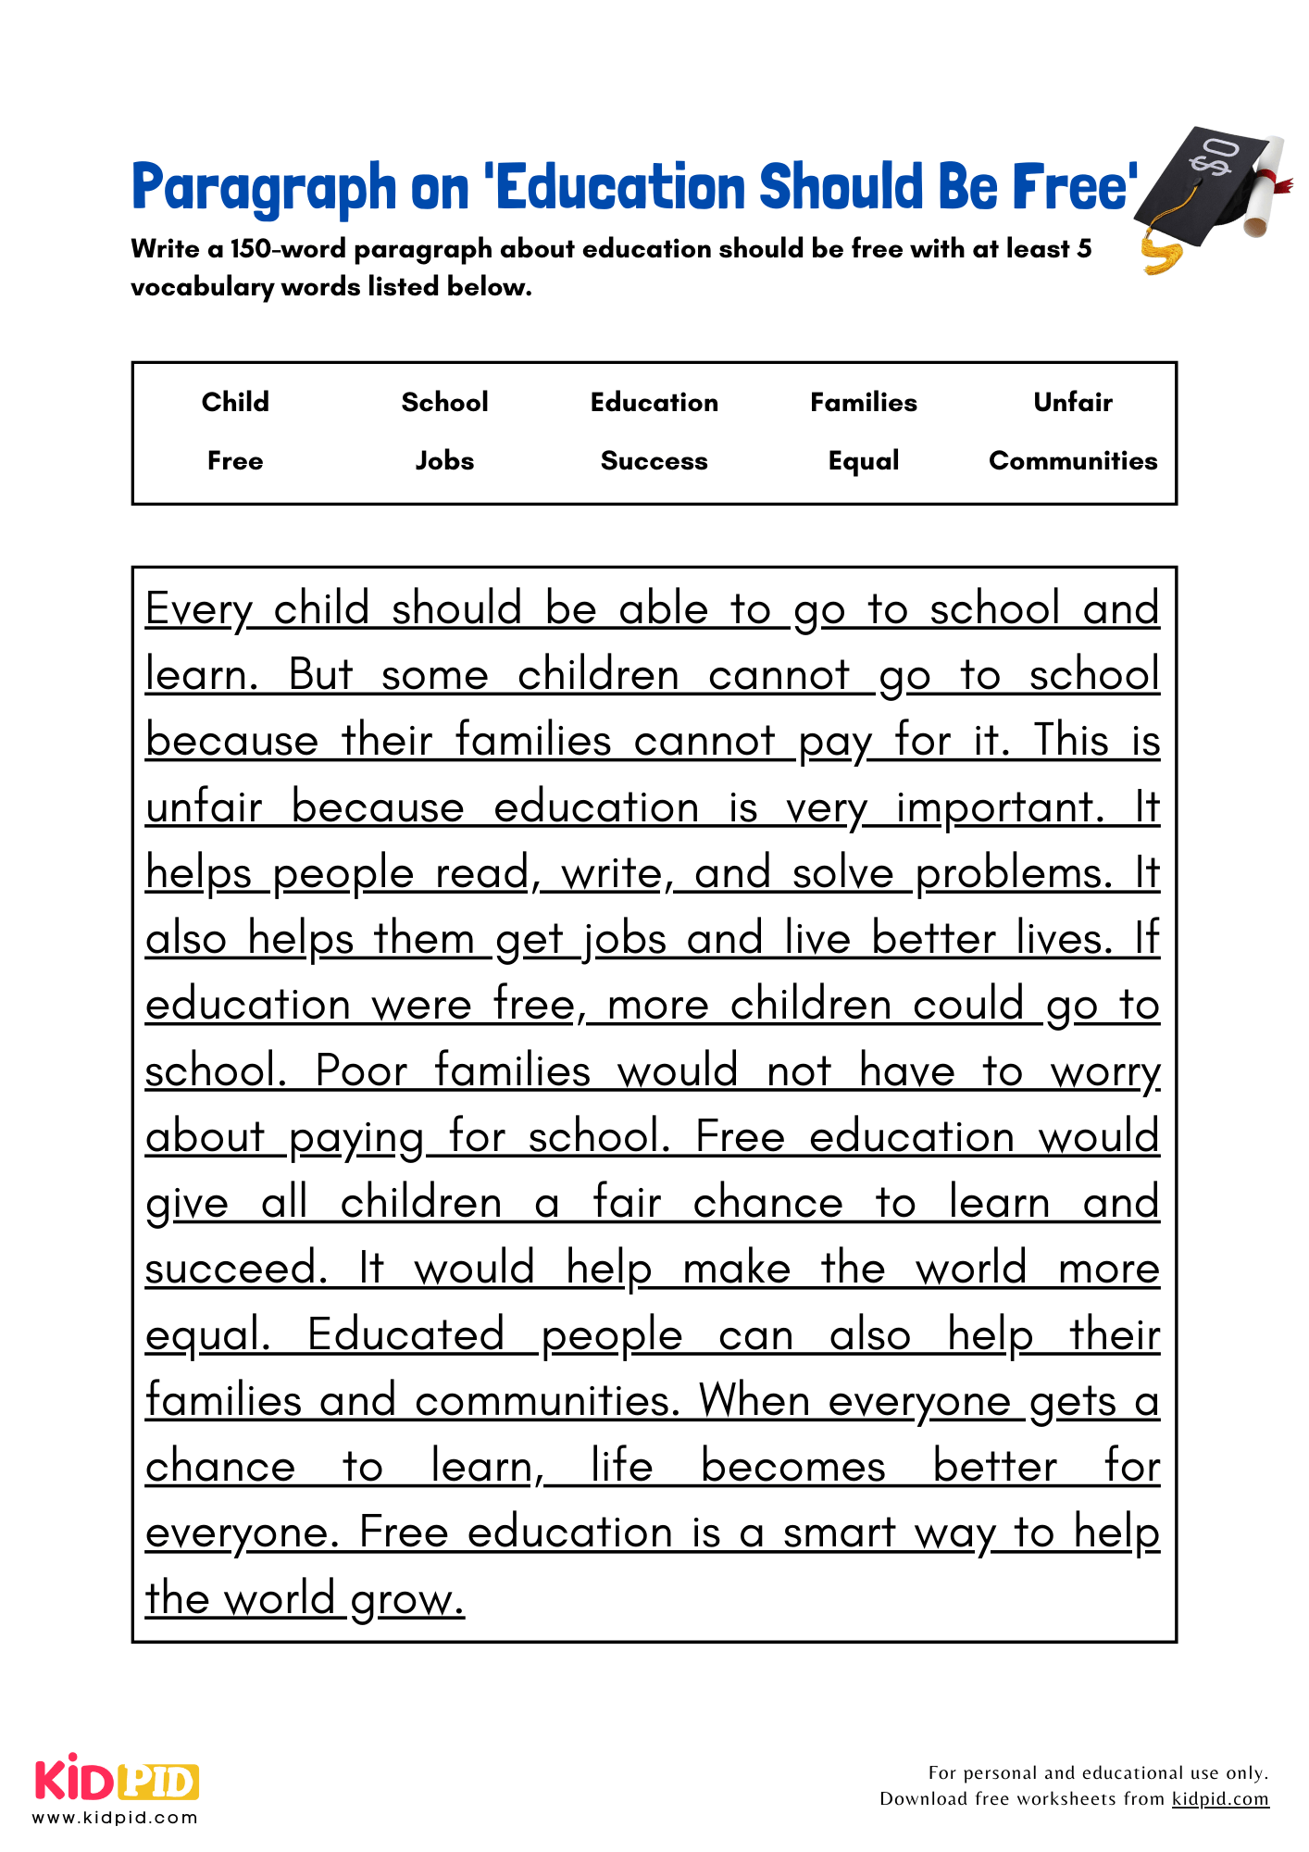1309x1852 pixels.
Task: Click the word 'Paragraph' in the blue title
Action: [x=264, y=187]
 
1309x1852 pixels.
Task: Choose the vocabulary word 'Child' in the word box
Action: [x=235, y=402]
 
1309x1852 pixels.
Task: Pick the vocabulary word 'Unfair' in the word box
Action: [x=1073, y=402]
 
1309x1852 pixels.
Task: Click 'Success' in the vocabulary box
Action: [x=654, y=461]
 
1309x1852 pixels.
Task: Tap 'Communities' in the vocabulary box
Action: [x=1073, y=461]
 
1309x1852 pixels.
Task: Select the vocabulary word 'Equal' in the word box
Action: [x=863, y=461]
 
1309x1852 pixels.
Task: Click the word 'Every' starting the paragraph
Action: [x=198, y=610]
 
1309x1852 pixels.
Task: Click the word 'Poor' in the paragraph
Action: [x=361, y=1071]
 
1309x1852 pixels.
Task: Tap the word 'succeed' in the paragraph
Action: [x=235, y=1269]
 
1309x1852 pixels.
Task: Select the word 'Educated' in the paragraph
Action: [x=405, y=1335]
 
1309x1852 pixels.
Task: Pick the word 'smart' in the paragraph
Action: [x=839, y=1533]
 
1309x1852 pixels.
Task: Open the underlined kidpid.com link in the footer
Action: [x=1219, y=1799]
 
